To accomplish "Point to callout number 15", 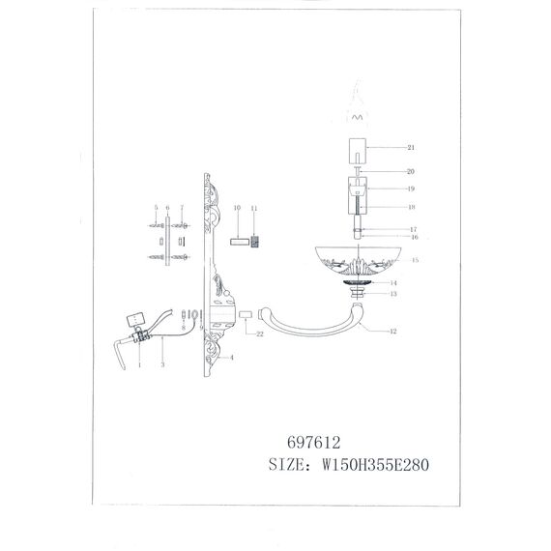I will tap(413, 260).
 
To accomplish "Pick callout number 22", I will tap(260, 333).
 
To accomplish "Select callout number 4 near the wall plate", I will tap(231, 356).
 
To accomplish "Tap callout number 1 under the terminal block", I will tap(140, 363).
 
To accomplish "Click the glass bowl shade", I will tap(358, 259).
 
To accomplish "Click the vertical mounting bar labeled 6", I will tap(168, 242).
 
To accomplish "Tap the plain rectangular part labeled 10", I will tap(237, 242).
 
